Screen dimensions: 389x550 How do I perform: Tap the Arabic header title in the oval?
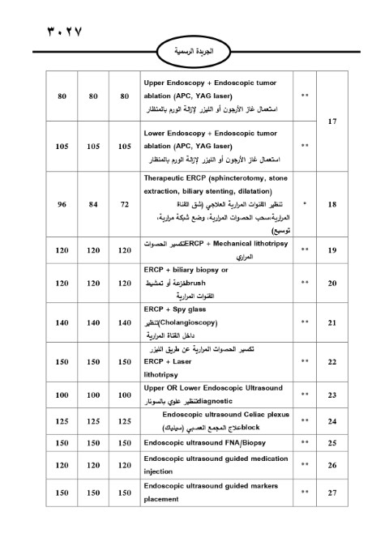click(194, 50)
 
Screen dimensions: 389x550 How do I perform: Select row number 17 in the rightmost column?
click(332, 122)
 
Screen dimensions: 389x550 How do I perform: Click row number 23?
click(332, 394)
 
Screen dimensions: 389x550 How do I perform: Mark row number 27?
click(332, 492)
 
